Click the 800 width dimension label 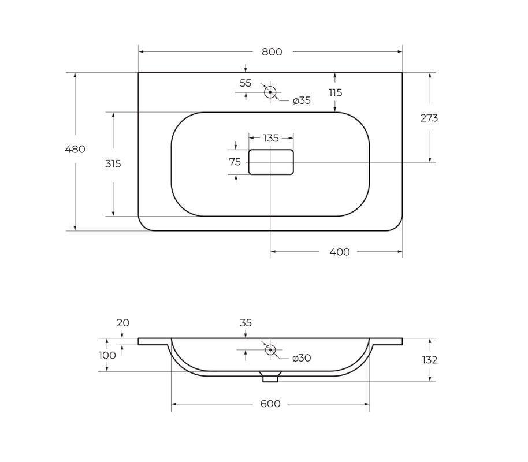click(272, 52)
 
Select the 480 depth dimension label click(75, 149)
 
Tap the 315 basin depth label click(113, 164)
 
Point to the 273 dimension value click(429, 118)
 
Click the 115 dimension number click(336, 92)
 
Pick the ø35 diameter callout click(302, 100)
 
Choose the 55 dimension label click(246, 83)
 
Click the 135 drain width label click(271, 138)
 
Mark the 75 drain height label click(235, 162)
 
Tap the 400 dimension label click(340, 252)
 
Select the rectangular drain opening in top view click(271, 150)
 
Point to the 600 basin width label click(270, 404)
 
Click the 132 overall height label click(430, 360)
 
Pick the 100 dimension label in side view click(107, 355)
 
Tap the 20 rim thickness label click(123, 323)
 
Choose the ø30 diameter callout click(302, 358)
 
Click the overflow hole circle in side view click(270, 345)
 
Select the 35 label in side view click(246, 323)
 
